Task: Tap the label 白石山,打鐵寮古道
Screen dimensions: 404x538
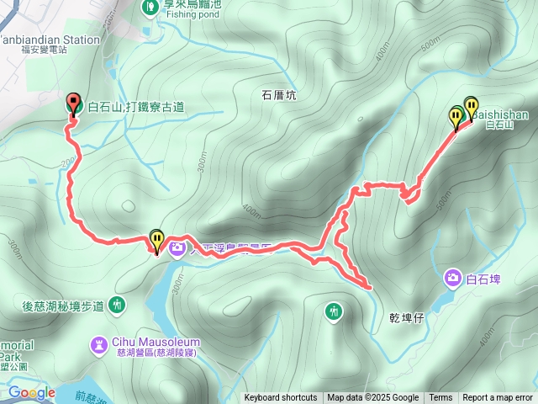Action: tap(135, 106)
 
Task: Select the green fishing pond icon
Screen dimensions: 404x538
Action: tap(149, 7)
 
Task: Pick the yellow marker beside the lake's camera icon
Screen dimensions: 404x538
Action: tap(156, 241)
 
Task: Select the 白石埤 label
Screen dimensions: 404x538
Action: tap(483, 279)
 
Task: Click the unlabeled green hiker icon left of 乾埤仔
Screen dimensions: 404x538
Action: tap(335, 311)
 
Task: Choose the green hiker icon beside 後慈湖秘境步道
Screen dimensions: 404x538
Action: tap(117, 305)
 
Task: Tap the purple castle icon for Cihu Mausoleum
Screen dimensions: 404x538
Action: tap(99, 343)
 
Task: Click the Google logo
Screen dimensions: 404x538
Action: tap(32, 392)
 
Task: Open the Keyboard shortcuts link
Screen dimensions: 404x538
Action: tap(281, 398)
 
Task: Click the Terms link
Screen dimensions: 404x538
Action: tap(440, 398)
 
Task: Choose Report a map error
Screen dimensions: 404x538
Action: tap(498, 398)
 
